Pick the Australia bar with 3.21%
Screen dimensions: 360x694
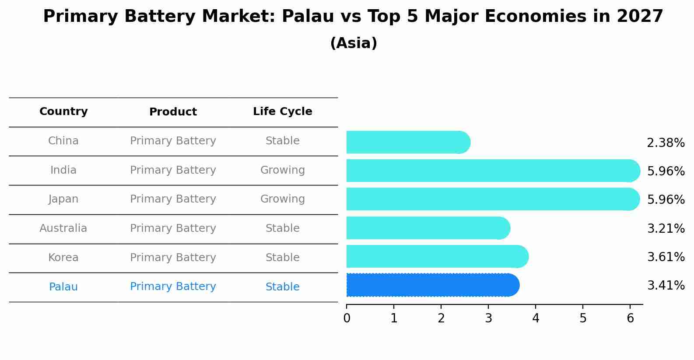(x=428, y=228)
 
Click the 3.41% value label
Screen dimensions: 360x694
(x=666, y=286)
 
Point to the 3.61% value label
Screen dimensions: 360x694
(x=666, y=257)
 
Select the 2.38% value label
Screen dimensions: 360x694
(x=666, y=143)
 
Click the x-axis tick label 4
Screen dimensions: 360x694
(x=536, y=318)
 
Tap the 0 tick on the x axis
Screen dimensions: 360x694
(x=347, y=318)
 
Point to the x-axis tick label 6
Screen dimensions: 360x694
(x=630, y=318)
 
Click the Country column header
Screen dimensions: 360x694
(x=63, y=112)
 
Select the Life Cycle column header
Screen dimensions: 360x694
(x=282, y=112)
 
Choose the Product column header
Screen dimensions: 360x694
(x=173, y=112)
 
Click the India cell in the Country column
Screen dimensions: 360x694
(x=63, y=170)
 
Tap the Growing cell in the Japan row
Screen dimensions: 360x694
(x=282, y=199)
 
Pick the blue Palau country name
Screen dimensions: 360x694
(x=63, y=287)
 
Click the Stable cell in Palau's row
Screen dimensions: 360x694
(x=282, y=287)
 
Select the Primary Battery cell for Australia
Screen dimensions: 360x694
(x=173, y=228)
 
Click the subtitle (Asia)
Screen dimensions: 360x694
(x=354, y=43)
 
